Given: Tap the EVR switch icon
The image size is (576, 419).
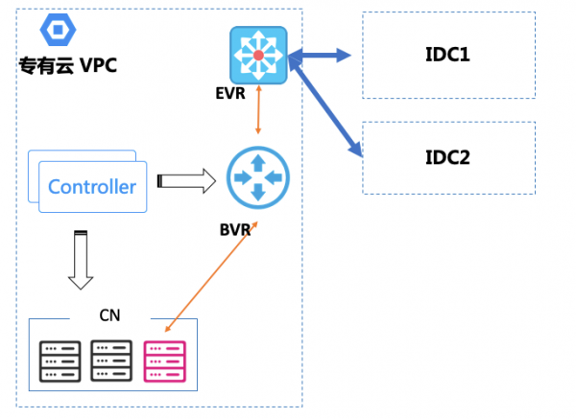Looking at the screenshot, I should click(x=258, y=56).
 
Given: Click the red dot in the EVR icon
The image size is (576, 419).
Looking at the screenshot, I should click(x=258, y=56).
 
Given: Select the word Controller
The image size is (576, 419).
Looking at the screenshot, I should click(x=92, y=186).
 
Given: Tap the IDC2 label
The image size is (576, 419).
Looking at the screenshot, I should click(x=447, y=156).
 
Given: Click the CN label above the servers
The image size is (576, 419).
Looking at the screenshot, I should click(x=109, y=314).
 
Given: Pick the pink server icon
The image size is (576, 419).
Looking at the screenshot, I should click(x=162, y=360).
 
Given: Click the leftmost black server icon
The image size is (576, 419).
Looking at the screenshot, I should click(x=60, y=360).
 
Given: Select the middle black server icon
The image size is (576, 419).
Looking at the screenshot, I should click(x=110, y=360).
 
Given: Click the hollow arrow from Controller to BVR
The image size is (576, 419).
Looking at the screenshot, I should click(x=186, y=180).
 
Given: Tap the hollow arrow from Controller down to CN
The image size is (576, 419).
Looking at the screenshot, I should click(x=81, y=259).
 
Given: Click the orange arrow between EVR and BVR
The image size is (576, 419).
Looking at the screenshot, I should click(x=257, y=116).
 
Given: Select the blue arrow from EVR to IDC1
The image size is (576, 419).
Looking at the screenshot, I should click(x=322, y=55).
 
